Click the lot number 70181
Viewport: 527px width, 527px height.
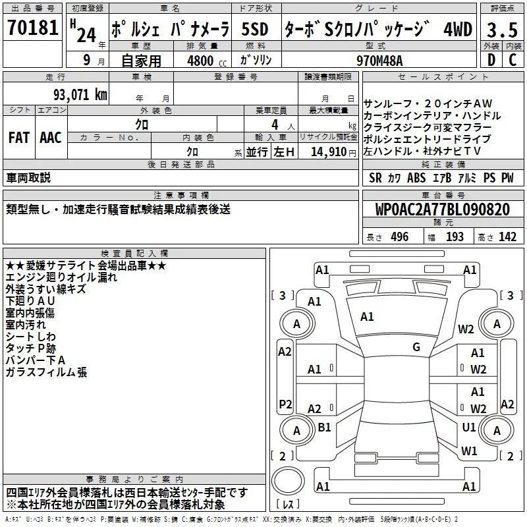click(x=32, y=27)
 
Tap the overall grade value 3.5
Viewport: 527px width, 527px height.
click(x=502, y=30)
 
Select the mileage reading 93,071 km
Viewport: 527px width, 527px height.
click(x=80, y=95)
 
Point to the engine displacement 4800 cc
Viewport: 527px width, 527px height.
click(x=207, y=61)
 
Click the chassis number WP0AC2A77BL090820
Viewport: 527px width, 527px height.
click(x=443, y=209)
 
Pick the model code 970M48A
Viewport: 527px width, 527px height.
click(x=379, y=61)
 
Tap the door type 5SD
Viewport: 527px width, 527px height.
click(x=255, y=29)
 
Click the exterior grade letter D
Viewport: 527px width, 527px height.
click(x=491, y=60)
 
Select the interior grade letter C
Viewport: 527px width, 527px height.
click(x=513, y=60)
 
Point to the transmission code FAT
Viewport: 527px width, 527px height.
click(x=19, y=138)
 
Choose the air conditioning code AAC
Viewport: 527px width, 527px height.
click(x=51, y=138)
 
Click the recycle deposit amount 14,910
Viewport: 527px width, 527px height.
click(x=328, y=152)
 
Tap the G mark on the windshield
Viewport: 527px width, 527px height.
click(x=416, y=347)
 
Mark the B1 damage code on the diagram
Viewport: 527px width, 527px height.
click(x=324, y=427)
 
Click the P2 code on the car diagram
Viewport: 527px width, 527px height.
click(x=285, y=404)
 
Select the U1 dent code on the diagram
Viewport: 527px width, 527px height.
click(x=469, y=427)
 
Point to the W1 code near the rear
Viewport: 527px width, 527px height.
click(x=469, y=451)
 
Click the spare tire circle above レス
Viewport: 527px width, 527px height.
click(x=288, y=481)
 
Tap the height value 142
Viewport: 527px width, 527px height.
click(x=507, y=236)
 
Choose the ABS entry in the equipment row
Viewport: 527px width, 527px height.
click(x=416, y=178)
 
